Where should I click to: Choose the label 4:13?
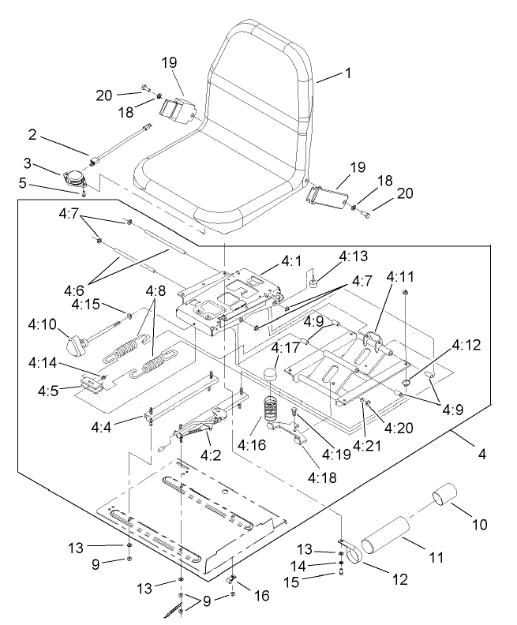click(x=353, y=256)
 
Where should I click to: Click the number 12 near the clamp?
click(x=399, y=578)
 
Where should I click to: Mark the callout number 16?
click(x=260, y=596)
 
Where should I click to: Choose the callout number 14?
click(x=321, y=565)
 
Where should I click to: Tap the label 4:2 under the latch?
click(x=209, y=455)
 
